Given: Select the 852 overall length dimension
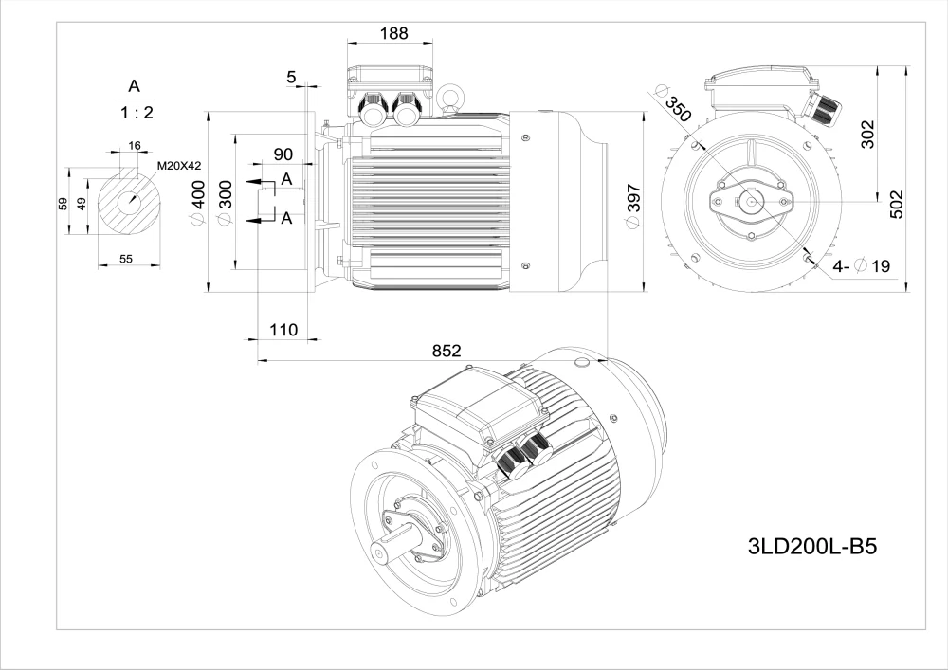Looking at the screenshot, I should (447, 351).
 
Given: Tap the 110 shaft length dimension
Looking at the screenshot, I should (283, 330).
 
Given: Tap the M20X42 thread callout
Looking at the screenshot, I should (179, 166).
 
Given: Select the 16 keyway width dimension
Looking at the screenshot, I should (134, 145).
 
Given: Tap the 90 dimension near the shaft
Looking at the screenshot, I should (283, 154).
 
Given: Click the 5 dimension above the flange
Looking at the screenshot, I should (291, 77).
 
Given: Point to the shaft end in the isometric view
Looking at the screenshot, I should (383, 550).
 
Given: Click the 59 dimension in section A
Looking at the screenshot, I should (63, 204).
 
